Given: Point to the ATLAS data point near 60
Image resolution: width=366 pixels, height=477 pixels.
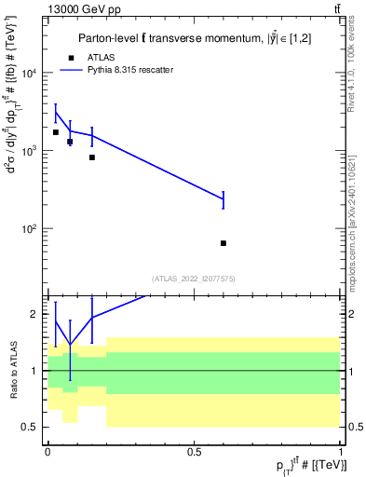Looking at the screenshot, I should click(224, 243).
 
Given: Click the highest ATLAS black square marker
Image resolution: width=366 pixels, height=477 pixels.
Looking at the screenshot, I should click(56, 132).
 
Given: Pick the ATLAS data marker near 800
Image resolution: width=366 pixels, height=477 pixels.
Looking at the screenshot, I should click(92, 157).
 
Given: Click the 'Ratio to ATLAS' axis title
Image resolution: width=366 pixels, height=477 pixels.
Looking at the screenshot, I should click(12, 371).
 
